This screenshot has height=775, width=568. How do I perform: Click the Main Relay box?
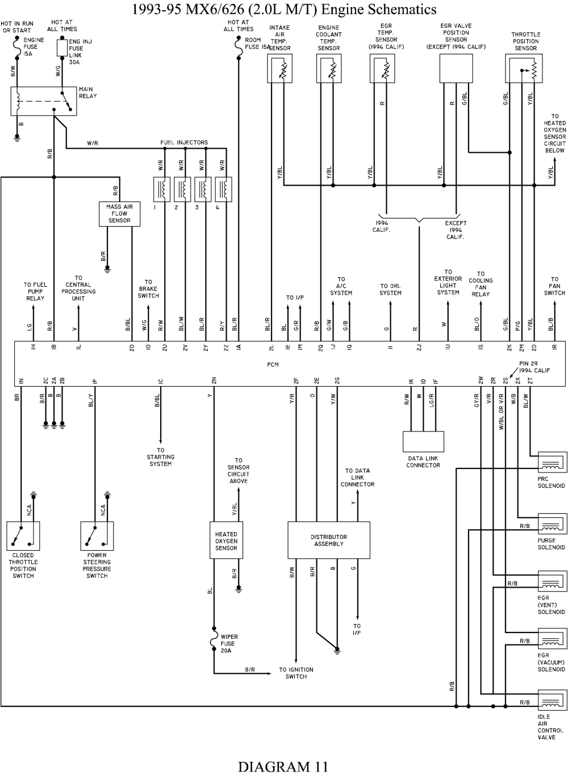(x=44, y=102)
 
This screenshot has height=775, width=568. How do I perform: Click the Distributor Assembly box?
(x=329, y=541)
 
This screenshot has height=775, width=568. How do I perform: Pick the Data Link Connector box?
(x=423, y=442)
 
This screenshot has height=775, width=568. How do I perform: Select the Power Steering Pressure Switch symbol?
(x=97, y=536)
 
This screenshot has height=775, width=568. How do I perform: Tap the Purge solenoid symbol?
(x=552, y=525)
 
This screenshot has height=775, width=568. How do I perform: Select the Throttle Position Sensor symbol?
(x=524, y=69)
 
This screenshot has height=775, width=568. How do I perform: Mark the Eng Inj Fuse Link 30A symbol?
(x=62, y=48)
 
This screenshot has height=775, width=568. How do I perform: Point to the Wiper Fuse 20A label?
(x=228, y=644)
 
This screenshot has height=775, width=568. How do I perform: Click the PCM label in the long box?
(x=273, y=364)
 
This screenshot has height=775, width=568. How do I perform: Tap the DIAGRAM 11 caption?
(x=282, y=766)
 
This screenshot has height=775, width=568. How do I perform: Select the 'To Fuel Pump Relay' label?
(x=35, y=291)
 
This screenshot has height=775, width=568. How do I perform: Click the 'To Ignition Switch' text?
(x=296, y=673)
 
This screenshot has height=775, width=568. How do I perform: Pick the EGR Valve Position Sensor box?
(x=456, y=69)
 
